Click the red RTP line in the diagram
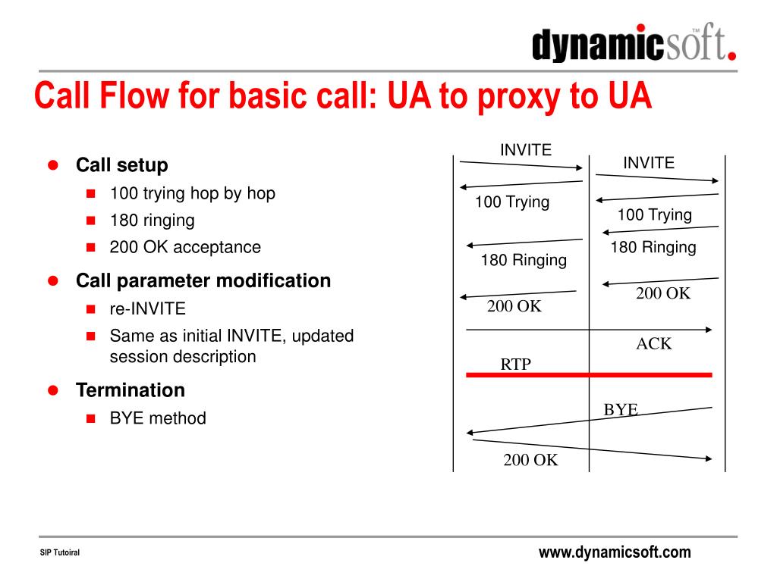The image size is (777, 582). point(589,374)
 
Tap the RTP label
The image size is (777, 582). point(515,365)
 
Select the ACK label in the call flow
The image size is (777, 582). point(653,344)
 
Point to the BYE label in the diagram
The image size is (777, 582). point(621,409)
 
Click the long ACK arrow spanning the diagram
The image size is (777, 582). point(589,330)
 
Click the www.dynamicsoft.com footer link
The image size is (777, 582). point(615,552)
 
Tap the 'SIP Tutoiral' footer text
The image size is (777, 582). point(59,553)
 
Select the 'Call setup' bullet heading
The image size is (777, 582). point(121,165)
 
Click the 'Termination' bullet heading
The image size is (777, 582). point(130,390)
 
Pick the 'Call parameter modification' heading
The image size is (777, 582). point(203,281)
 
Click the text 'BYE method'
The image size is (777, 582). point(158,418)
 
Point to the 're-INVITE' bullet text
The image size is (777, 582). point(147,309)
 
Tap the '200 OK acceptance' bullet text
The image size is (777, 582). point(185,247)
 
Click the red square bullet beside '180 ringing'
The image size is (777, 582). point(90,221)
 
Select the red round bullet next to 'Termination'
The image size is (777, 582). point(53,390)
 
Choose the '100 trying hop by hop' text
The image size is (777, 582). point(192,193)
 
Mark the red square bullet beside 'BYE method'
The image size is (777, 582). point(90,418)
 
